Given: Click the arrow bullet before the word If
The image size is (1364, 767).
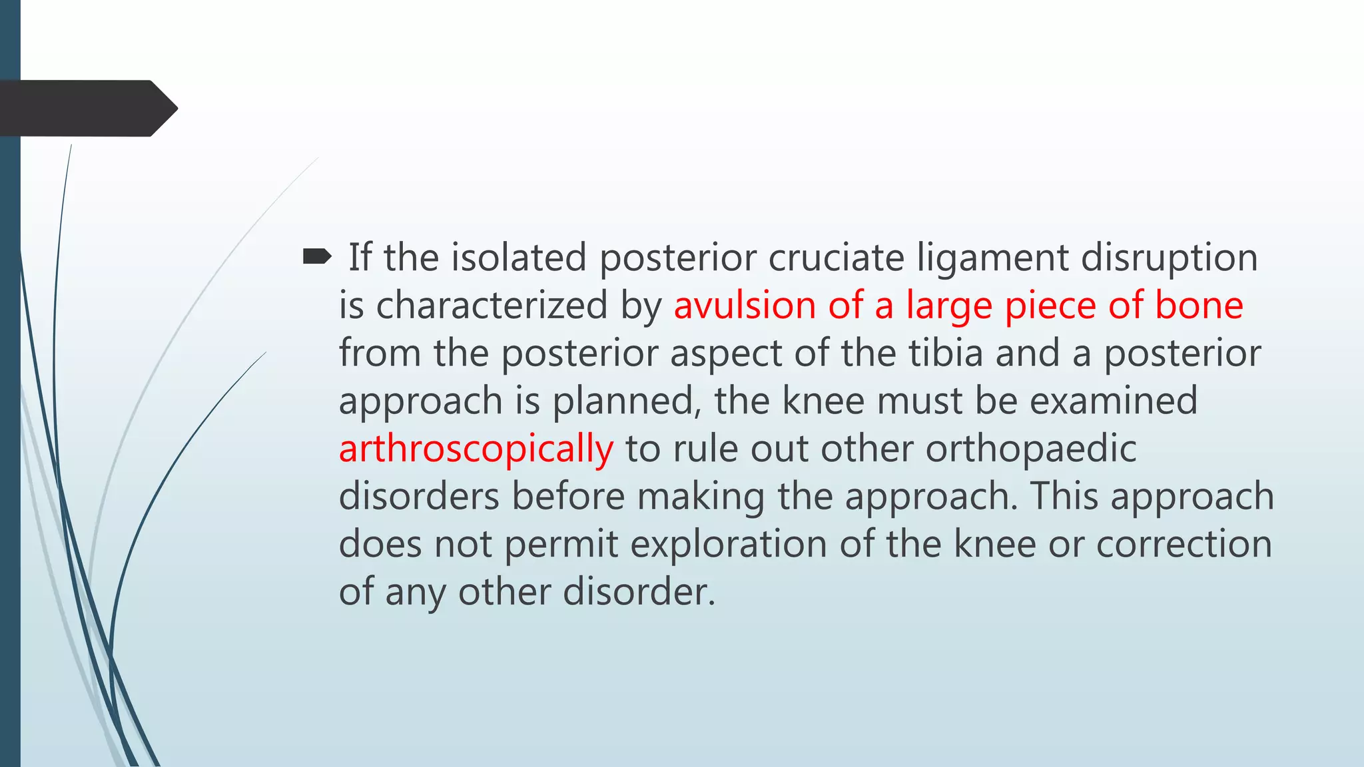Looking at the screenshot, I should (x=317, y=256).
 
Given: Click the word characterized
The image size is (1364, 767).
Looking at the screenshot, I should (x=492, y=306).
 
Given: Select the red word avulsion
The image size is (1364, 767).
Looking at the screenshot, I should (x=744, y=306).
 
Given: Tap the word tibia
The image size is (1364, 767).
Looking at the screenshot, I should (x=946, y=353).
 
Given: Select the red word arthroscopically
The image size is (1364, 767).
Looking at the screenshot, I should (x=476, y=449).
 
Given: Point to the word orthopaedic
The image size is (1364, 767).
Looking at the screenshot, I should (x=1030, y=449).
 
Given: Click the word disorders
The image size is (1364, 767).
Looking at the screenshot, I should (x=419, y=497).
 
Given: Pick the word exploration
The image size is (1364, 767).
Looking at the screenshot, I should (x=728, y=545).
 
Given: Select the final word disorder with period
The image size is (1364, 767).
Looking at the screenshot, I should (x=639, y=592).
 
